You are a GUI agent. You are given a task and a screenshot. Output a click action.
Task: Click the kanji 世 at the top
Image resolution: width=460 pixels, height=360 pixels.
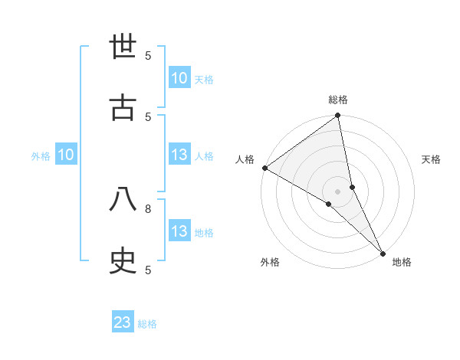coord(123,46)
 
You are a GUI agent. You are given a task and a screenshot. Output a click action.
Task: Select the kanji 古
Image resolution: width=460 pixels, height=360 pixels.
coord(123,107)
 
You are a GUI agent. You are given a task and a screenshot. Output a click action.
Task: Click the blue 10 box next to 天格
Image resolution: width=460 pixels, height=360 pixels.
coord(179,78)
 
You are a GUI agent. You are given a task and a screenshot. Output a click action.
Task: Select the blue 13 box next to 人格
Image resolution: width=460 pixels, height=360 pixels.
coord(179,155)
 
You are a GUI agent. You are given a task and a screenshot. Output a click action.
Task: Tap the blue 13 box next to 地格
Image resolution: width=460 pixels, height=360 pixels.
coord(179,231)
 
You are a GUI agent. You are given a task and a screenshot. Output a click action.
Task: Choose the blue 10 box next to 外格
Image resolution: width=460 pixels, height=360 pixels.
coord(65,155)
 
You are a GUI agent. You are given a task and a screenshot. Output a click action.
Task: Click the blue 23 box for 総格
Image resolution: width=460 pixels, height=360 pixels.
coord(123,322)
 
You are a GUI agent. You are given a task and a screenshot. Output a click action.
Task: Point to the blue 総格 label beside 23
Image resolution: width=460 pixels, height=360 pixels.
coord(147,324)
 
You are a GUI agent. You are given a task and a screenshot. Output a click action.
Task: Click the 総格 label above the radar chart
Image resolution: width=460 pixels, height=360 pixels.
coord(338,100)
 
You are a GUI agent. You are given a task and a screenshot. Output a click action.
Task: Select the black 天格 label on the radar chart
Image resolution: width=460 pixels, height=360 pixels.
coord(431,159)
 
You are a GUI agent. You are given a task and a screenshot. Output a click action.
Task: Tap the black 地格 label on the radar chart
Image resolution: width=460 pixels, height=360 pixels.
coord(402,262)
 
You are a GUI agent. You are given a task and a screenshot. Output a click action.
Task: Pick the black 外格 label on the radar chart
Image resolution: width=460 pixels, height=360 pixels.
coord(270,262)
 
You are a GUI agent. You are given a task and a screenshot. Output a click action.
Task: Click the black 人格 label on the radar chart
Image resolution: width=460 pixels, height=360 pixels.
coord(245,159)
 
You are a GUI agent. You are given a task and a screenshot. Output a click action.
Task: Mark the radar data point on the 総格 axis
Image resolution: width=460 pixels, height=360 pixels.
coord(338,116)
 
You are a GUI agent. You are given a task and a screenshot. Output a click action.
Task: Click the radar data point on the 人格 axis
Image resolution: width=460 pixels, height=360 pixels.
coord(264,168)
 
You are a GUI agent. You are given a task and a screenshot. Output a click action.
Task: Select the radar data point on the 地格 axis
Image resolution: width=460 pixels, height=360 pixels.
coord(383,252)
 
